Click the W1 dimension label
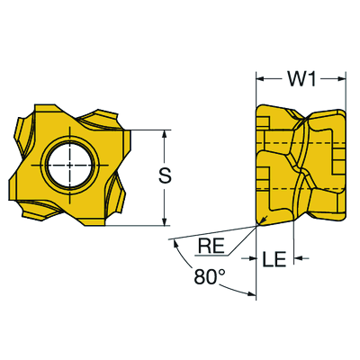(x=301, y=79)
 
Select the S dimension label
(x=165, y=175)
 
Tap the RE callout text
(x=211, y=247)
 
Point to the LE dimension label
(x=274, y=259)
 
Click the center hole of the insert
(x=70, y=165)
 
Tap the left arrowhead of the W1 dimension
(x=259, y=78)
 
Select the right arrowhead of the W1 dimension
(x=342, y=78)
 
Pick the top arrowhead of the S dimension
(x=164, y=134)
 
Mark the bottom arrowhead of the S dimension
(x=164, y=221)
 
